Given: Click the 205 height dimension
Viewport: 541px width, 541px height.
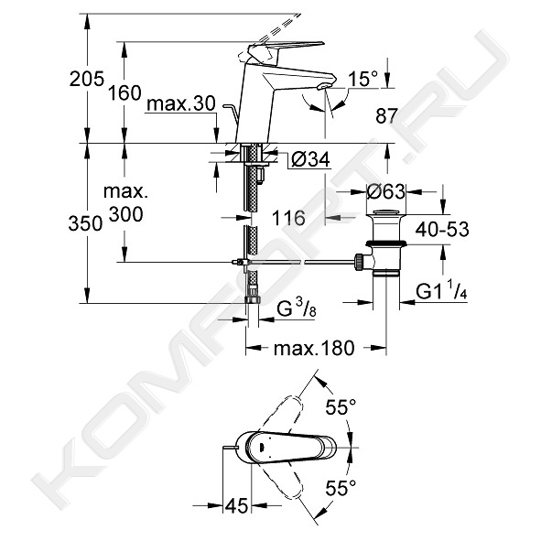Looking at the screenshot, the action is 87,80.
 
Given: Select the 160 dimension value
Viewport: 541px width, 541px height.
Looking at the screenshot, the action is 124,93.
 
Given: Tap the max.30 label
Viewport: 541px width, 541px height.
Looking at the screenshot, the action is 181,103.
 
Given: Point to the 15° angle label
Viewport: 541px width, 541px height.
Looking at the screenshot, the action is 363,79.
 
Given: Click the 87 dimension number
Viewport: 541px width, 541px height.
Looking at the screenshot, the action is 386,115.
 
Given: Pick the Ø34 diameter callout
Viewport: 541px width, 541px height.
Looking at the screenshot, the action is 310,159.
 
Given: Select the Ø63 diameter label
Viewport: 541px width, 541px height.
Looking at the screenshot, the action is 385,191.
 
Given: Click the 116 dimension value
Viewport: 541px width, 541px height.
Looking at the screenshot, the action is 288,218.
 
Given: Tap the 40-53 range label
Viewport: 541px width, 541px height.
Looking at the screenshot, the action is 442,229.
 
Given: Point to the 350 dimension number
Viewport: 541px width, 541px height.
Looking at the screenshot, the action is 85,223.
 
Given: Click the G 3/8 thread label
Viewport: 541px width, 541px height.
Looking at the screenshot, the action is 297,308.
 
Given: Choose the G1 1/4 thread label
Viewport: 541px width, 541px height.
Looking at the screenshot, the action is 441,290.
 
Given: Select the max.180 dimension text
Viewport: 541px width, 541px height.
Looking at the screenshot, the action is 314,348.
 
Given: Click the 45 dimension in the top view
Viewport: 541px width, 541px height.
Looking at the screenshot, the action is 237,506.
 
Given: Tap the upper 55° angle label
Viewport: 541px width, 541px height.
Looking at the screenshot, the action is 341,407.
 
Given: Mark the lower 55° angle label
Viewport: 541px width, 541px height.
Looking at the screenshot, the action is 341,488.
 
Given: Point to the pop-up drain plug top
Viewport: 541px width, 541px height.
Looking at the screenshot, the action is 386,211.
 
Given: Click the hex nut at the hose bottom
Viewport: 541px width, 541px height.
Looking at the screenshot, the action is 253,299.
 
